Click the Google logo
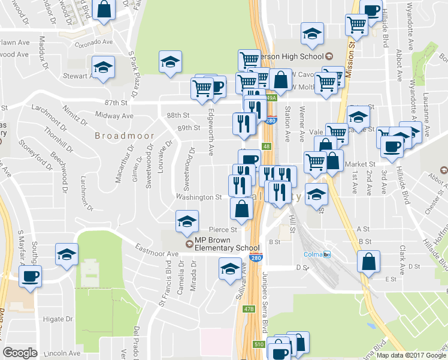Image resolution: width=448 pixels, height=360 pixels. [x=20, y=353]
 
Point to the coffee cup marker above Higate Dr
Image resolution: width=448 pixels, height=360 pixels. [x=30, y=276]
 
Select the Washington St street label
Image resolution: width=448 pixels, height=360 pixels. [x=193, y=197]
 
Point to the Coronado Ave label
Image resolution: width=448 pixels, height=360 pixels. [x=92, y=43]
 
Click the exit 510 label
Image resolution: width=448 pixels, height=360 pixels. [x=258, y=344]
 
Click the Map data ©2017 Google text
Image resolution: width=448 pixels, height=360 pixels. [x=411, y=355]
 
